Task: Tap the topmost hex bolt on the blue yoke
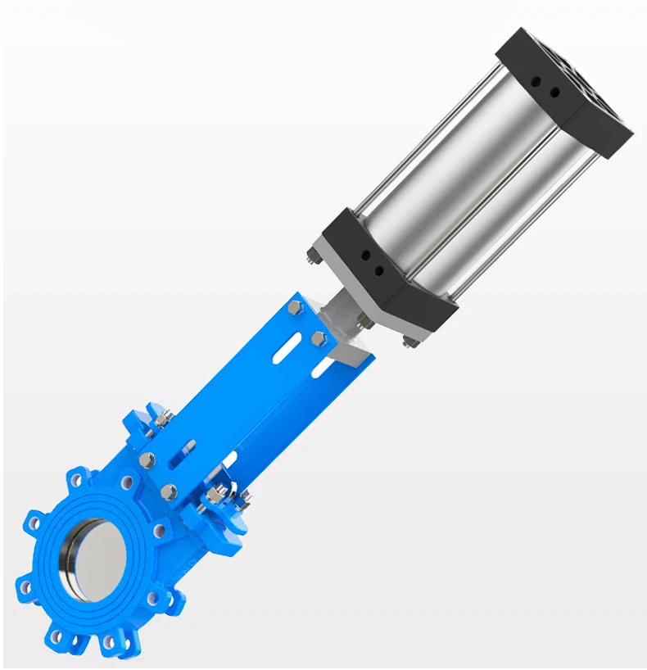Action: tap(294, 306)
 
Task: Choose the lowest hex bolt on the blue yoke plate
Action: tap(169, 491)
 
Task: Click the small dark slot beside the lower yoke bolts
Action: tap(189, 450)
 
